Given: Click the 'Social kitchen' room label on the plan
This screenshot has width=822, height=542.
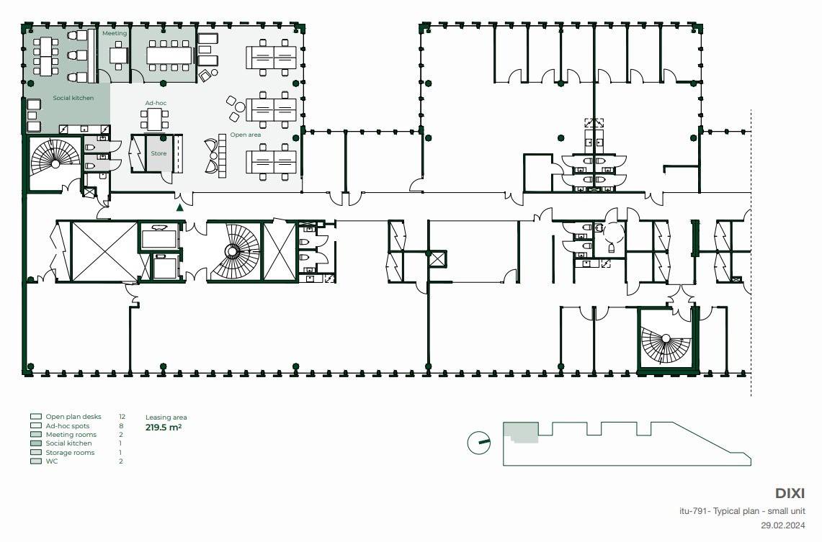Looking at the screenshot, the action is [73, 98].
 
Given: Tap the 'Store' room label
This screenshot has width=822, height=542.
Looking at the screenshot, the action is [158, 153].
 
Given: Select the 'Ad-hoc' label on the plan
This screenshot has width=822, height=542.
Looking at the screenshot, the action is [156, 103].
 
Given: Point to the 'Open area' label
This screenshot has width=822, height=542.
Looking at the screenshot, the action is [246, 135].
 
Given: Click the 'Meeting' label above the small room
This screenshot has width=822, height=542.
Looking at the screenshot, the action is [115, 33].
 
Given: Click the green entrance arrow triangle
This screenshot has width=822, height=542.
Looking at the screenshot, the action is [180, 207].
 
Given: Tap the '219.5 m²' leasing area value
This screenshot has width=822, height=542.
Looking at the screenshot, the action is [164, 428].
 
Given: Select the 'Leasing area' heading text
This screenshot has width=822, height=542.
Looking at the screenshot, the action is [166, 417].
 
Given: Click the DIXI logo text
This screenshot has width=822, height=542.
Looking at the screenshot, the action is [790, 493].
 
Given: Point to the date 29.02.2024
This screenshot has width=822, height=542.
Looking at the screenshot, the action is [782, 525].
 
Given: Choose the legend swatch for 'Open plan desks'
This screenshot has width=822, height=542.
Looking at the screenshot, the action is [35, 417].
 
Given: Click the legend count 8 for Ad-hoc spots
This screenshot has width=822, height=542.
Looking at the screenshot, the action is [121, 425].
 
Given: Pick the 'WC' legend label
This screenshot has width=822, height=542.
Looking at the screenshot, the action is [51, 461].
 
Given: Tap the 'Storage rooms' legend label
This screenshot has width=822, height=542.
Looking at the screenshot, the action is [70, 453].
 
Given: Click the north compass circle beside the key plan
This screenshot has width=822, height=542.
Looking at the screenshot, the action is [478, 443].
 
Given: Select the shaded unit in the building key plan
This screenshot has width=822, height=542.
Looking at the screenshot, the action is [521, 433].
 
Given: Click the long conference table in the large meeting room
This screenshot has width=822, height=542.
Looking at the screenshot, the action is [169, 55].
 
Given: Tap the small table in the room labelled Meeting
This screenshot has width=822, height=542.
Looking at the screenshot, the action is [118, 55].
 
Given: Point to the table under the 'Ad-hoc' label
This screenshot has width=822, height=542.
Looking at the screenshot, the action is [155, 120].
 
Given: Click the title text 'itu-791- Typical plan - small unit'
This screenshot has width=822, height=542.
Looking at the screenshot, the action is [742, 511].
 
